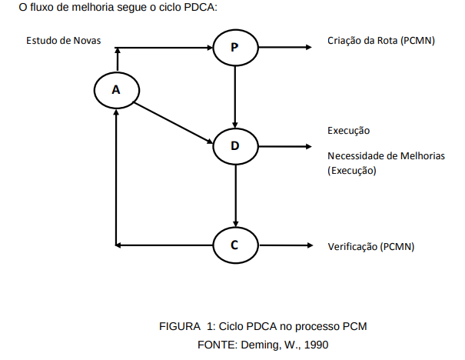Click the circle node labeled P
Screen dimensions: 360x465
(x=234, y=48)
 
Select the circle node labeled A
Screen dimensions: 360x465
(x=115, y=89)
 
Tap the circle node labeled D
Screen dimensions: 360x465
(x=234, y=145)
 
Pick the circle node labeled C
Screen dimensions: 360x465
(x=234, y=245)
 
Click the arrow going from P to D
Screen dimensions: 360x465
(x=235, y=96)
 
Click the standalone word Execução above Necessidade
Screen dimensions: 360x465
(x=349, y=130)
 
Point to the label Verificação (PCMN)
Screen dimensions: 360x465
(x=371, y=246)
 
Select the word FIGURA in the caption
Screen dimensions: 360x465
(x=178, y=326)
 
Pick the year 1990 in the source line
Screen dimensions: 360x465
(x=316, y=344)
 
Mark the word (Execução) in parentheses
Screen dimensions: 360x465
(x=352, y=171)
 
